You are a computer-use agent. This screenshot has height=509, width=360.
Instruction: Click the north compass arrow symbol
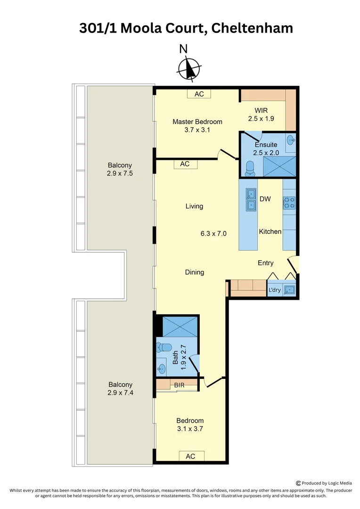(189, 69)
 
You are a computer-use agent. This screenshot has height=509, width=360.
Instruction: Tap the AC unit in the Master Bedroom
(199, 94)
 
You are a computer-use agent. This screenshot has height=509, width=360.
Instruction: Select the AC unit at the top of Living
(185, 164)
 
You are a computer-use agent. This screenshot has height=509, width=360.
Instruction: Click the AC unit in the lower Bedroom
(190, 456)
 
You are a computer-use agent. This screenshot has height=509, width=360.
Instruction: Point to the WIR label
(261, 110)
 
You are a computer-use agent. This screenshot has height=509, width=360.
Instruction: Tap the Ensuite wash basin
(291, 140)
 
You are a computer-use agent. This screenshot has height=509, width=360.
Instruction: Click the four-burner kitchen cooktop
(289, 203)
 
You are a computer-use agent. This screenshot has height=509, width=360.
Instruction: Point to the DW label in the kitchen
(265, 199)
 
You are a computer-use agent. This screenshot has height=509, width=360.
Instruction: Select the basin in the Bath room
(162, 368)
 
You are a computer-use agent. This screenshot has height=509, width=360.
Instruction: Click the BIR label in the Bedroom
(179, 385)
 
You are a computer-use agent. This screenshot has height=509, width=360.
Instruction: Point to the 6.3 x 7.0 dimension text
(214, 233)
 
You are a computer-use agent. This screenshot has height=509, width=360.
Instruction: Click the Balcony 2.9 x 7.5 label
(120, 169)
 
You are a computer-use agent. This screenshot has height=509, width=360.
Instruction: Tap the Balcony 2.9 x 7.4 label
(120, 388)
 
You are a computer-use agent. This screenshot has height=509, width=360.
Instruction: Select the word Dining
(194, 272)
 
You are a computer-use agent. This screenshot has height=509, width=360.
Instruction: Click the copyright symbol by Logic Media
(299, 483)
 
